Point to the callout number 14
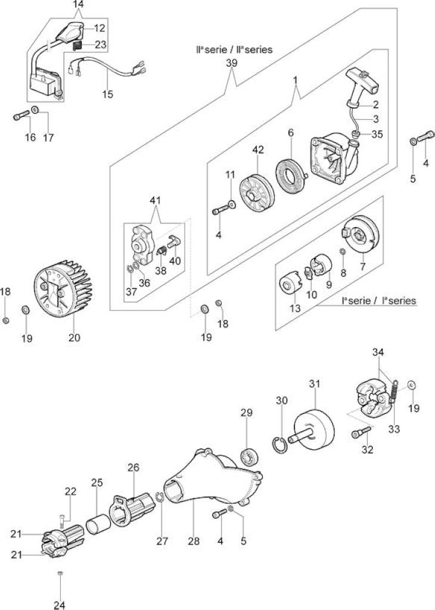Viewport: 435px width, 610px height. click(78, 5)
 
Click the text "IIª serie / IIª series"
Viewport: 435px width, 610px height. click(234, 49)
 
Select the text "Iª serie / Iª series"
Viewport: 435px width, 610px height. click(378, 300)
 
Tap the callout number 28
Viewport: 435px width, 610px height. click(194, 540)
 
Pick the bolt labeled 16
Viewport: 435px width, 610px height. click(22, 115)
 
